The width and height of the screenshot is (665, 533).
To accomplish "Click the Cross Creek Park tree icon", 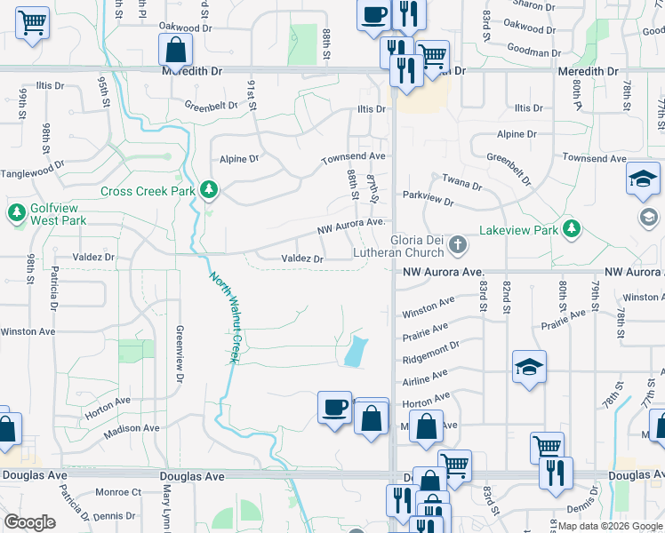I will click(x=209, y=189).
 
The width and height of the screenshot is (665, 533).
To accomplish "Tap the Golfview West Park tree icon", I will click(x=16, y=212).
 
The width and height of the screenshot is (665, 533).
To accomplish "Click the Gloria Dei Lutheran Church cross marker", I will click(x=457, y=243).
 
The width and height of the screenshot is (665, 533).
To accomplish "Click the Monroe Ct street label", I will click(x=118, y=491).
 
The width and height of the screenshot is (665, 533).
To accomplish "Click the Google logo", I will click(x=29, y=522).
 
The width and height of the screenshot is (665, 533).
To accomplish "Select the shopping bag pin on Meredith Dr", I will click(x=175, y=51).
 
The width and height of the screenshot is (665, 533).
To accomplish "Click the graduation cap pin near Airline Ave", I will click(x=528, y=366).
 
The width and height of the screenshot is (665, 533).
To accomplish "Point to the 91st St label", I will click(x=252, y=94).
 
